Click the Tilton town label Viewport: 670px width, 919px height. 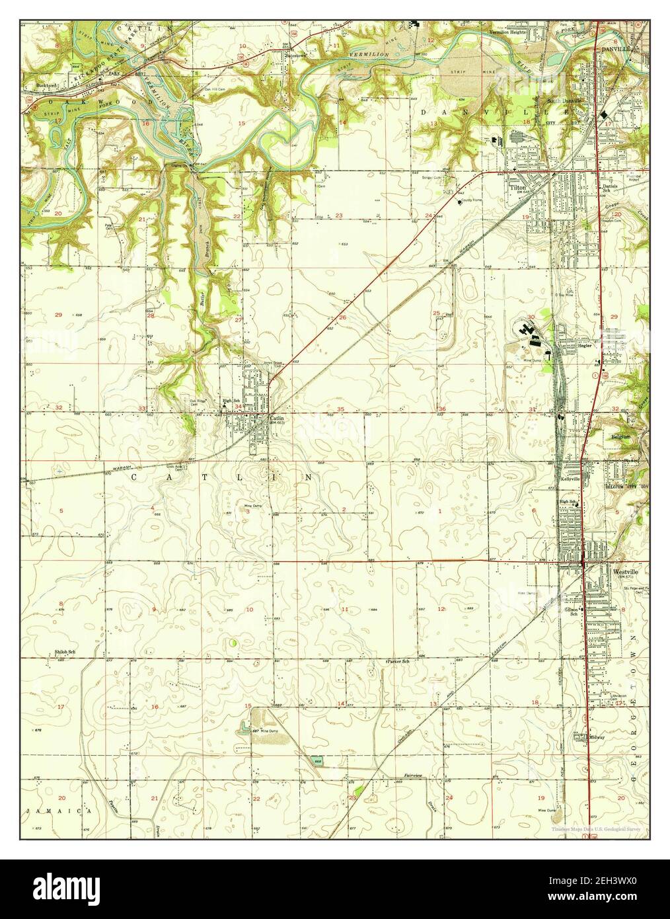coord(517,188)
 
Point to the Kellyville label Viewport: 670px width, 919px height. coord(570,478)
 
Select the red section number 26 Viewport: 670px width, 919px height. coord(342,318)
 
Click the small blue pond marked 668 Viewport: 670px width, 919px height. coord(318,761)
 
